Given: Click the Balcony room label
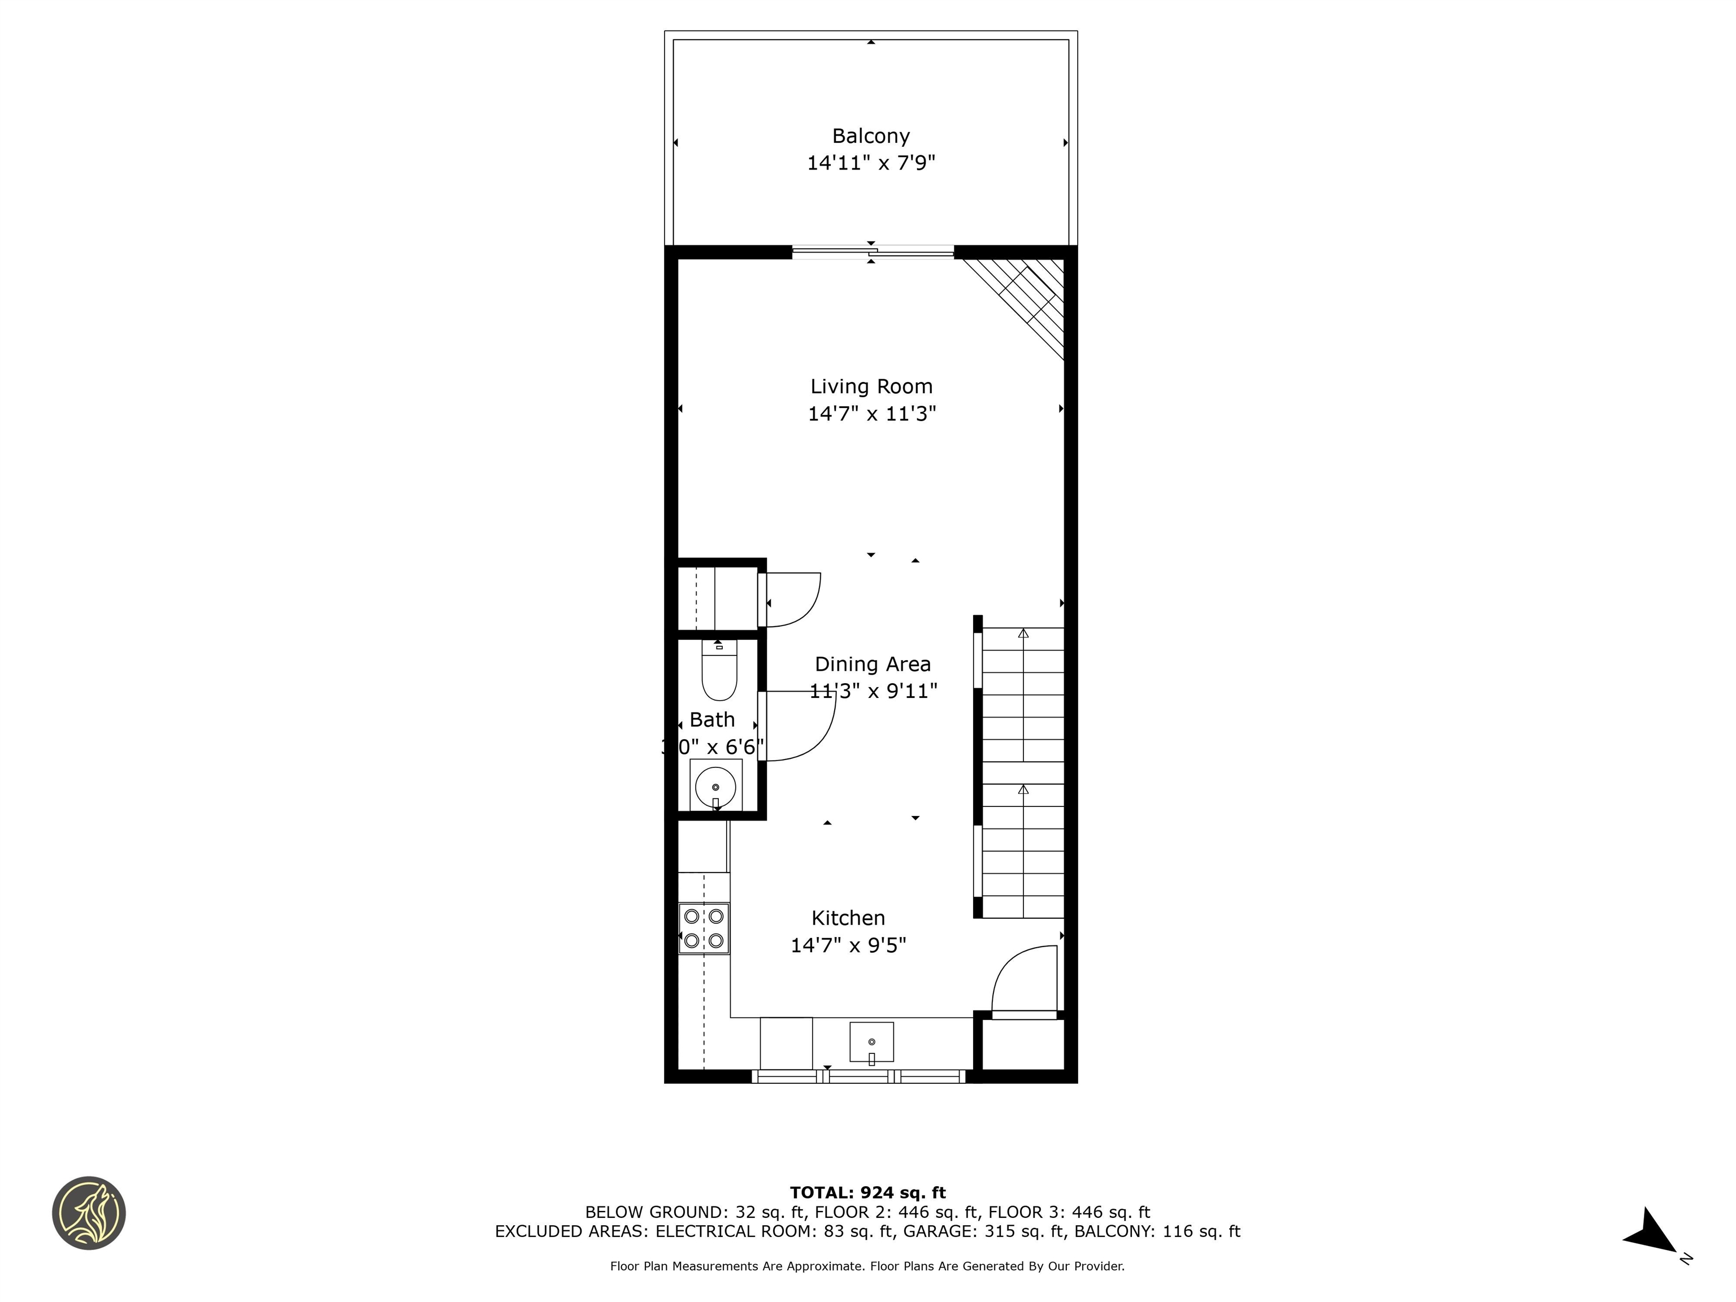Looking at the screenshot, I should (x=870, y=136).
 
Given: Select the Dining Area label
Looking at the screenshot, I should (x=872, y=664).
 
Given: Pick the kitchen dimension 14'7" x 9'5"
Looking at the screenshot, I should (x=848, y=945).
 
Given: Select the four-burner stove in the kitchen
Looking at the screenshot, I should (x=704, y=928).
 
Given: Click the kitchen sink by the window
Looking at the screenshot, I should (x=871, y=1041).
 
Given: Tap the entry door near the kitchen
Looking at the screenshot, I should (x=1024, y=981).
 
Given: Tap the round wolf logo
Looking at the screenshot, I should (x=89, y=1213).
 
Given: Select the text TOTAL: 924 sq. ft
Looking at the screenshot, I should (x=867, y=1193).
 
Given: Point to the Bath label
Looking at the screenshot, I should (x=712, y=720).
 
